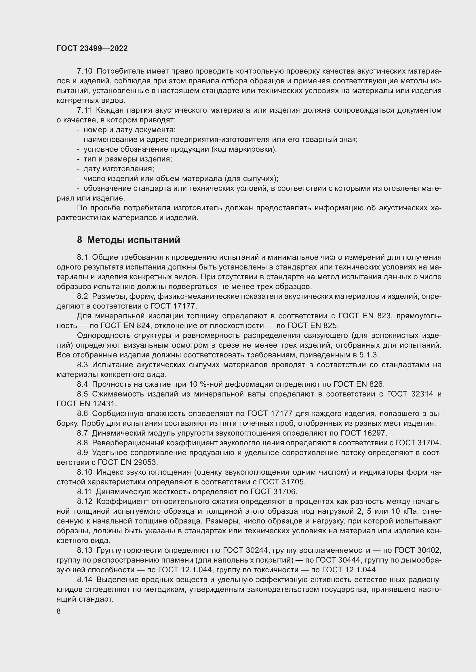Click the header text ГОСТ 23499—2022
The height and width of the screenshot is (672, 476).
[x=92, y=48]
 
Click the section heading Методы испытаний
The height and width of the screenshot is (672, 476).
[x=134, y=240]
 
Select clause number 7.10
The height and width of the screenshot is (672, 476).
[x=84, y=71]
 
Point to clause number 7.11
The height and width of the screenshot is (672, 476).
[x=84, y=110]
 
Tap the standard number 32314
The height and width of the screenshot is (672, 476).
[x=422, y=394]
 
